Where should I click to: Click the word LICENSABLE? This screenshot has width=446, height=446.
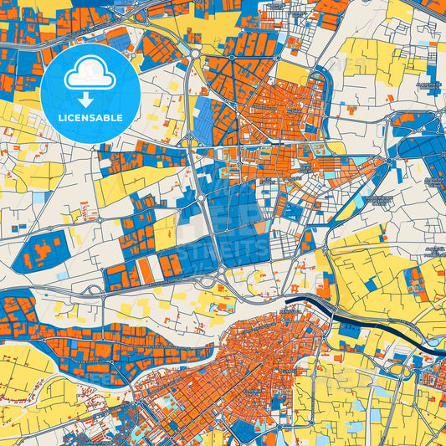pos(90,118)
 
